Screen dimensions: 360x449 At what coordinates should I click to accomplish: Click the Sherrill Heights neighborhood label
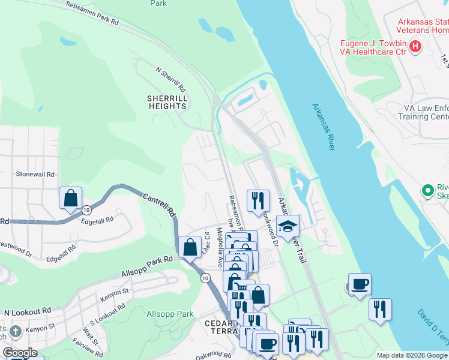tap(167, 102)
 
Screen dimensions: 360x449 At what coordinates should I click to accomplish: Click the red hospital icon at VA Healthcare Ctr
tap(415, 47)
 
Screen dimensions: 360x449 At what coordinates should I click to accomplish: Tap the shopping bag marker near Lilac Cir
tap(190, 247)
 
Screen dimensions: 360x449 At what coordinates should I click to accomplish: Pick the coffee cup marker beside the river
tap(360, 284)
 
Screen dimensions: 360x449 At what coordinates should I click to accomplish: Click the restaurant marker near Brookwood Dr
tap(258, 200)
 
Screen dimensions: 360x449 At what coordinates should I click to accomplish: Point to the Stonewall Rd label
tap(35, 175)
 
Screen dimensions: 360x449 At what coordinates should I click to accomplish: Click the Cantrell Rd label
tap(158, 204)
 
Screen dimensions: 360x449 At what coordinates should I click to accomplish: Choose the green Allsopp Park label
tap(170, 314)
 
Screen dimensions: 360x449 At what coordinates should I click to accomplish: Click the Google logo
tap(19, 353)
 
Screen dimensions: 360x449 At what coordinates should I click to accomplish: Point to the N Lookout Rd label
tap(28, 313)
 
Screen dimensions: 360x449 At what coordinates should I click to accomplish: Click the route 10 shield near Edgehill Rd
tap(87, 209)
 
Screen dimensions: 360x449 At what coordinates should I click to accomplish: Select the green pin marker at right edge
tap(428, 191)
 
